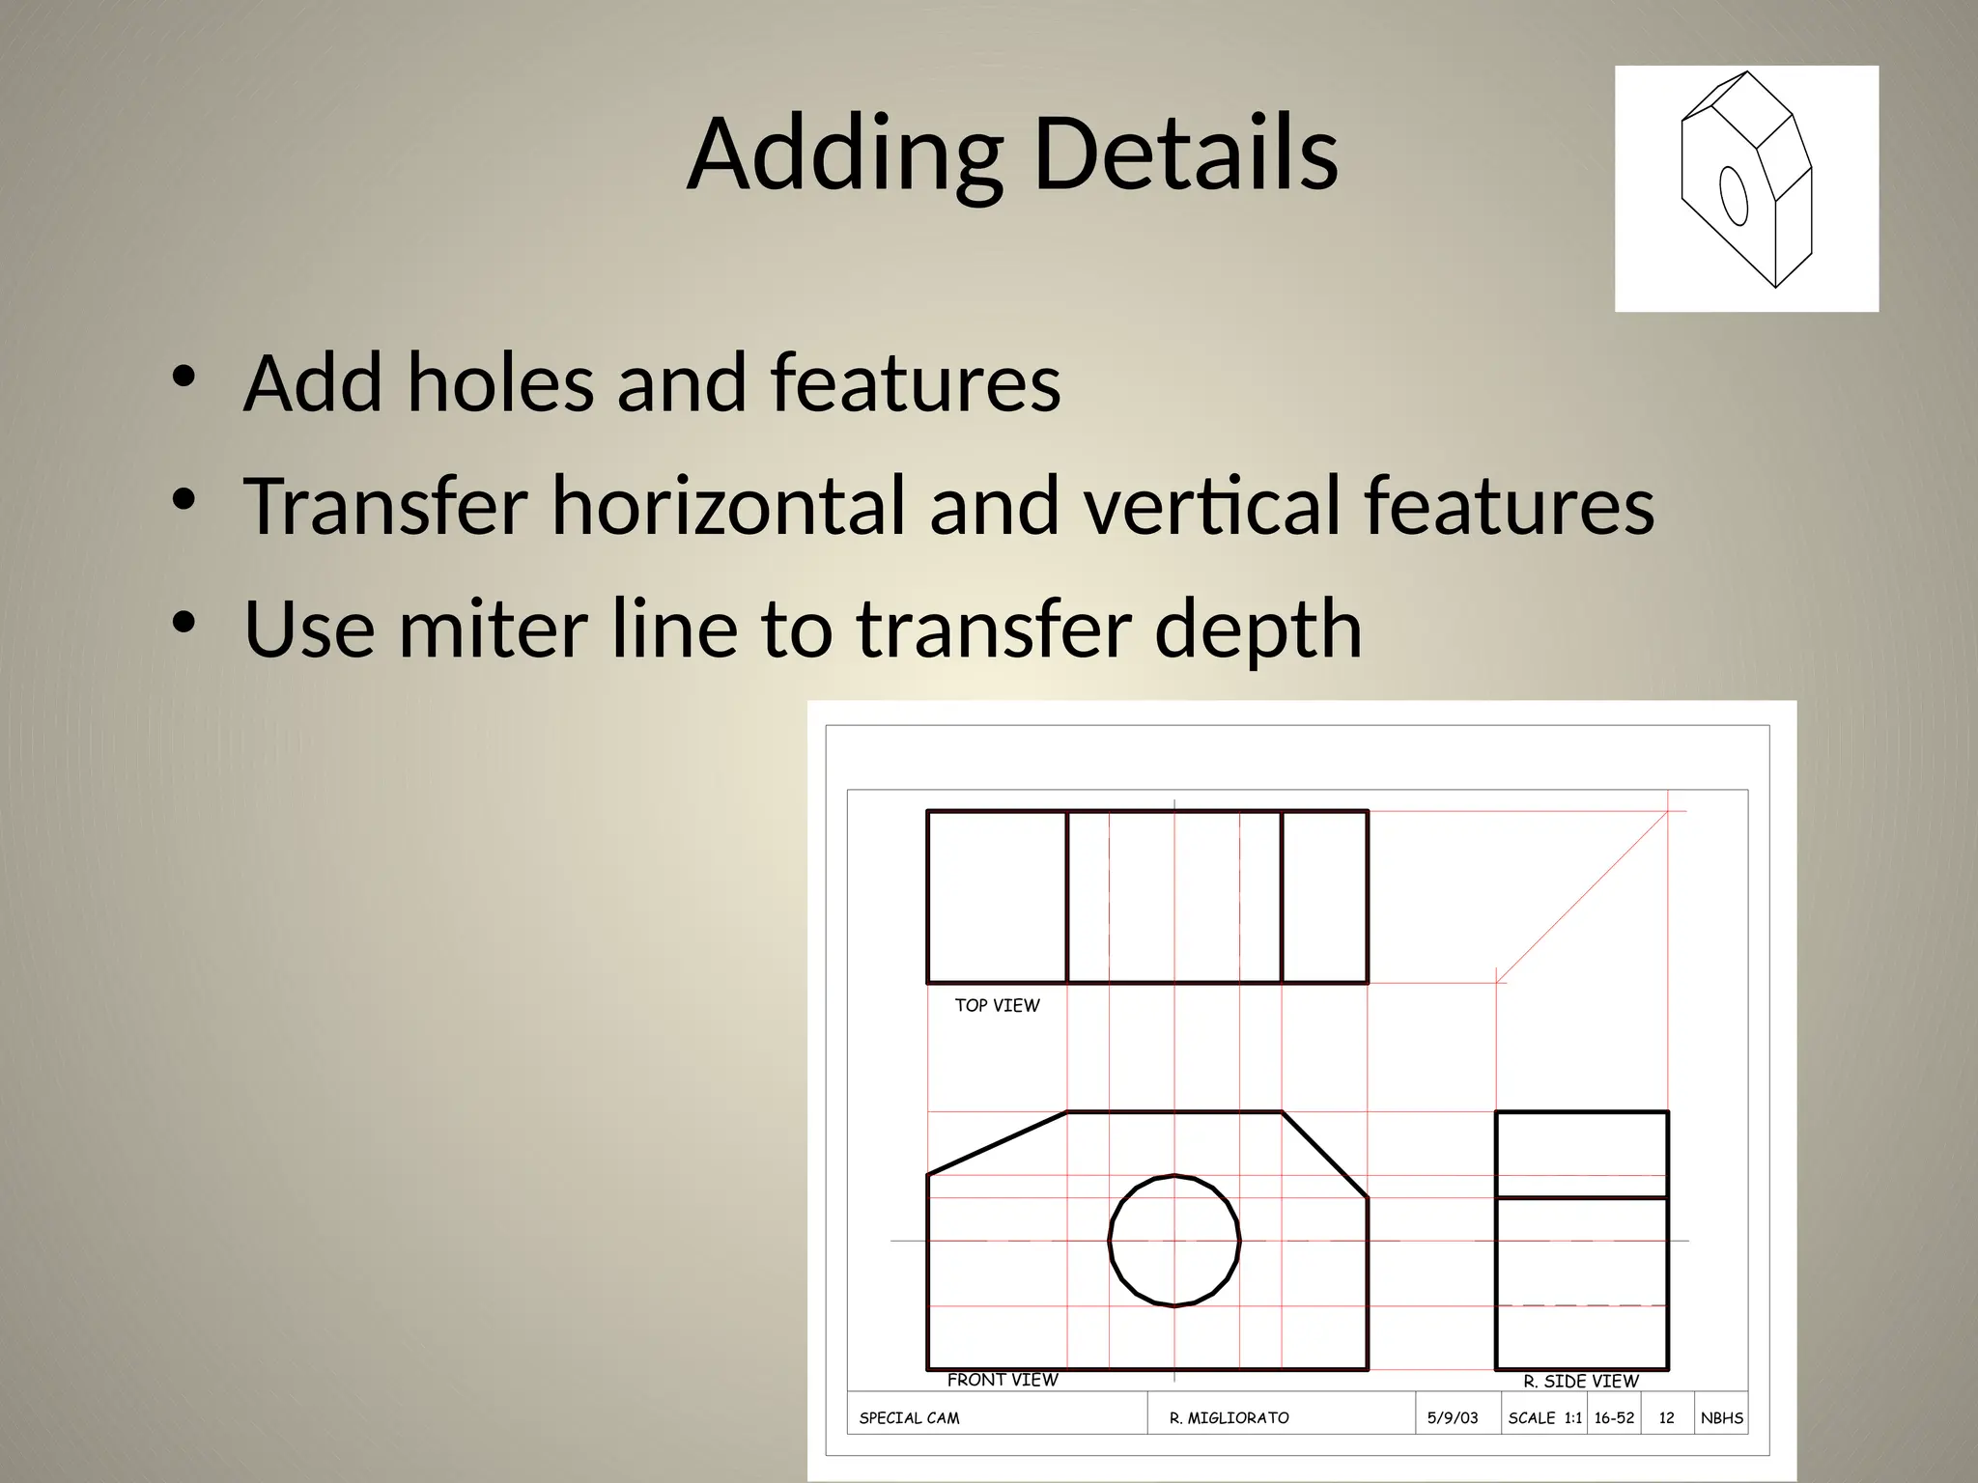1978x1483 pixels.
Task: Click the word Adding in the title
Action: click(845, 154)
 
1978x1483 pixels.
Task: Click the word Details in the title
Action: click(1186, 154)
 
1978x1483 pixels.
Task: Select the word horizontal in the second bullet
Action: click(729, 505)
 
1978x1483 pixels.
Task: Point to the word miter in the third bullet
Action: click(493, 629)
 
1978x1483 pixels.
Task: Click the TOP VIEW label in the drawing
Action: click(997, 1005)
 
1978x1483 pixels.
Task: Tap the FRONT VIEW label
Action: click(1003, 1380)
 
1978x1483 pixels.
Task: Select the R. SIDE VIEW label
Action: click(1581, 1381)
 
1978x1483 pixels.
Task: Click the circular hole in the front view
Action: click(1174, 1241)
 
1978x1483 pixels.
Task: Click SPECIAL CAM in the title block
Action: click(909, 1418)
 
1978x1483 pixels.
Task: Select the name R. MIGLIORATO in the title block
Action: click(1229, 1418)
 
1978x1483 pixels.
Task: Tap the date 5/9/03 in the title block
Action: click(1453, 1418)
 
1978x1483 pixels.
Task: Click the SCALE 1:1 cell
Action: click(1544, 1418)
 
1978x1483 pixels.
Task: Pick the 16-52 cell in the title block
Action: click(1614, 1418)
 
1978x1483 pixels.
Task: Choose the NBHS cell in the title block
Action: click(1722, 1418)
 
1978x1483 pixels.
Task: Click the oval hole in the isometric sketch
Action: click(1735, 195)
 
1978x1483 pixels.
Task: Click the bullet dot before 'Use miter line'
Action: click(183, 624)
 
